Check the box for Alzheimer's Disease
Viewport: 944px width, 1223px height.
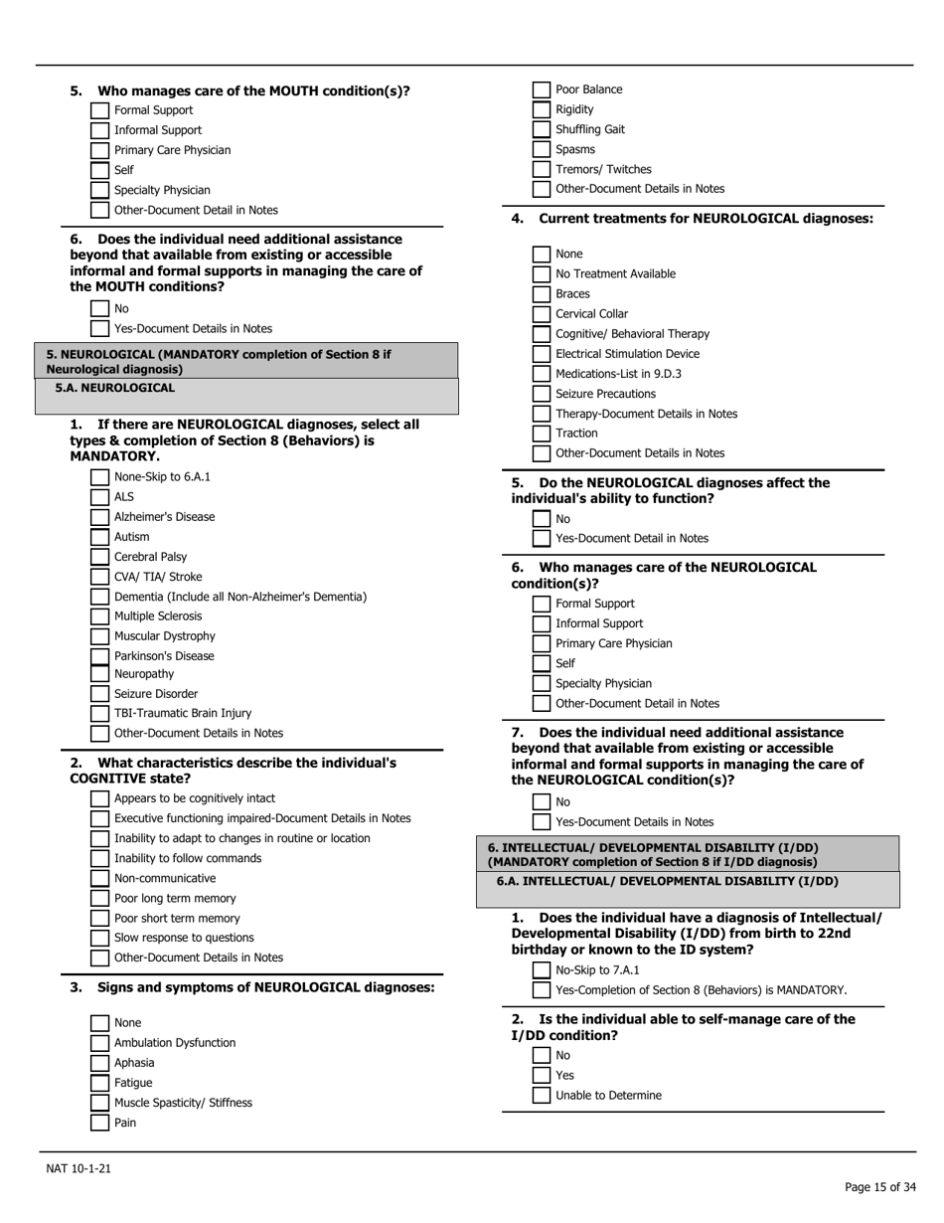(99, 517)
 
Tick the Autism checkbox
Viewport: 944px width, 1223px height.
(99, 537)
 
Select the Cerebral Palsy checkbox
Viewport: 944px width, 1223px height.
(99, 557)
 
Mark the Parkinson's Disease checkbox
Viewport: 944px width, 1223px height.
(99, 656)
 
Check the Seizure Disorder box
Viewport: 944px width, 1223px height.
(99, 694)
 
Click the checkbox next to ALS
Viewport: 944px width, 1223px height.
(99, 497)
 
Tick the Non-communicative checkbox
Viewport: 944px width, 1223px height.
(99, 878)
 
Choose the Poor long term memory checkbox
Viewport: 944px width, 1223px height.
(99, 899)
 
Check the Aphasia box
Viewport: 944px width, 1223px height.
(99, 1063)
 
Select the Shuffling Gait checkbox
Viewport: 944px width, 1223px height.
(541, 129)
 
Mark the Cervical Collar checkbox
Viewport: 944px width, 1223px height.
(541, 314)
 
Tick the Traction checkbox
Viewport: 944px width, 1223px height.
(541, 434)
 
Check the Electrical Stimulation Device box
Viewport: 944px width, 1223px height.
(541, 354)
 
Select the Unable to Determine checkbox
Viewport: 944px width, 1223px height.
(541, 1096)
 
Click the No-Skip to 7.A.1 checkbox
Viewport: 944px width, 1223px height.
(541, 970)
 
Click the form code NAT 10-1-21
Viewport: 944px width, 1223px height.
(79, 1168)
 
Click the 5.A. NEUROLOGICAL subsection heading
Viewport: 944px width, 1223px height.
(114, 388)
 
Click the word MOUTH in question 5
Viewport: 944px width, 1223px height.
(295, 91)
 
